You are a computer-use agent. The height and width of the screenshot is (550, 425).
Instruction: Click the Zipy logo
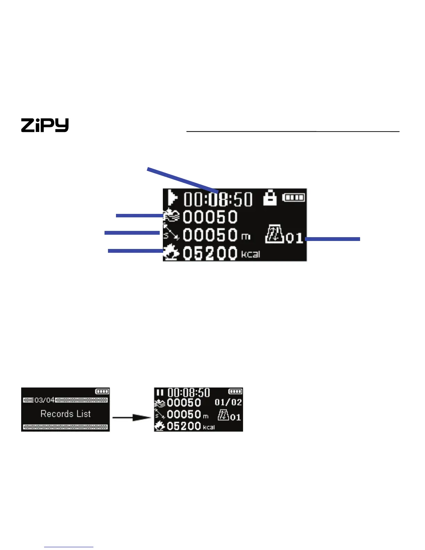click(x=45, y=125)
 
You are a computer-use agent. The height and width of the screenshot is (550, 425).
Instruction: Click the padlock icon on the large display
click(x=270, y=198)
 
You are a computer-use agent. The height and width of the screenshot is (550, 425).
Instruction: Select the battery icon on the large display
click(x=294, y=198)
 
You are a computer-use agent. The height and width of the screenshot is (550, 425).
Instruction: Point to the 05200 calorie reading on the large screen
click(x=210, y=253)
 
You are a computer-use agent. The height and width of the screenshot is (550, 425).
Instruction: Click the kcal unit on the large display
click(x=250, y=255)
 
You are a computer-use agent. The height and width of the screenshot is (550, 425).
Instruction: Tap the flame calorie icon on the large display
click(x=171, y=253)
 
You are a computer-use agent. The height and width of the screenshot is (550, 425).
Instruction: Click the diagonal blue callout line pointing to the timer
click(x=182, y=180)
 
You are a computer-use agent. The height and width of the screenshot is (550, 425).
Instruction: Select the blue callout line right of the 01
click(x=332, y=239)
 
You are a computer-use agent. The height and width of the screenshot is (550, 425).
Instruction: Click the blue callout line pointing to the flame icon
click(x=135, y=250)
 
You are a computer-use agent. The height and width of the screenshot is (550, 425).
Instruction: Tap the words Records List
click(x=66, y=414)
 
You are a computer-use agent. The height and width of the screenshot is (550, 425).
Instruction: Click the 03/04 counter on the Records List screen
click(x=44, y=400)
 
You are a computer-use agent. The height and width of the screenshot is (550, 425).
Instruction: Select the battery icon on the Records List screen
click(x=102, y=391)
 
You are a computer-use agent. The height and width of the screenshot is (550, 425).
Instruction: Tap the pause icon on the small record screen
click(x=160, y=392)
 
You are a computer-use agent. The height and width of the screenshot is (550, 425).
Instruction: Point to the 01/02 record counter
click(x=228, y=402)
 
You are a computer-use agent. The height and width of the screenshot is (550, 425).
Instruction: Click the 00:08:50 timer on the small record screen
click(x=189, y=393)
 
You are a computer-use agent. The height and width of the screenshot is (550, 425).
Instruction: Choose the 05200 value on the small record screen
click(x=184, y=426)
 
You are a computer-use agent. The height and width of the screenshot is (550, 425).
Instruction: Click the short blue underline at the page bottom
click(x=69, y=547)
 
